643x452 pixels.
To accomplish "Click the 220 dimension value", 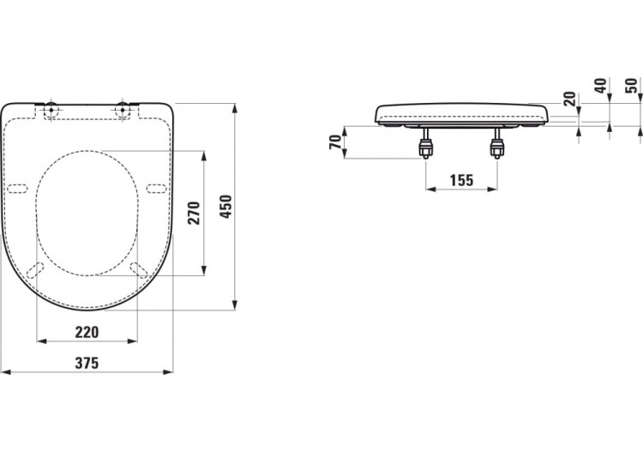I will pos(87,332).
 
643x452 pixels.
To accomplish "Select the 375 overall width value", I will pos(87,363).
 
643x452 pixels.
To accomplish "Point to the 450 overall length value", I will pos(225,207).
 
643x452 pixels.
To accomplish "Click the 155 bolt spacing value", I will pos(460,180).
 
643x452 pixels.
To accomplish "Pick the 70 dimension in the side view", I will pos(334,142).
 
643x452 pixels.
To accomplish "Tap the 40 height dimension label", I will pos(600,87).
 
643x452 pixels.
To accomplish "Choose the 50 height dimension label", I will pos(631,87).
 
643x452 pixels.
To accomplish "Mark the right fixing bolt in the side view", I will pos(496,147).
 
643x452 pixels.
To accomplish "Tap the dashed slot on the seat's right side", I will pos(157,188).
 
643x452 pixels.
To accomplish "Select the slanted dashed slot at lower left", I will pos(35,269).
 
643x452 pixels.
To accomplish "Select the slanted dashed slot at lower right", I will pos(140,269).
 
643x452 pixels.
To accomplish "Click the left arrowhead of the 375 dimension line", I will pos(4,372).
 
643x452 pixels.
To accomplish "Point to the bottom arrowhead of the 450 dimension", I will pos(235,304).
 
